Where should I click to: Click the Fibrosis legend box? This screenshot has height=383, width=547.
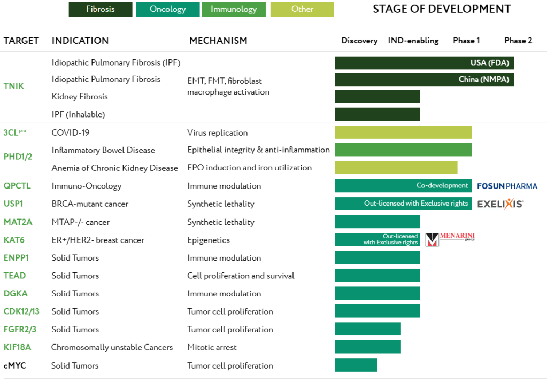tap(101, 9)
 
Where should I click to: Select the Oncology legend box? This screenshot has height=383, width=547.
tap(167, 9)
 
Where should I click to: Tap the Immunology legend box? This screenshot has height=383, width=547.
tap(234, 9)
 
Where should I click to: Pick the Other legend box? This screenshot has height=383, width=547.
tap(302, 9)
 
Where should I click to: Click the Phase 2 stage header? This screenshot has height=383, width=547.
tap(518, 41)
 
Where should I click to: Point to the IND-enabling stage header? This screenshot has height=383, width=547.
tap(413, 41)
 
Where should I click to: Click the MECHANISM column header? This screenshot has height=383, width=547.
tap(218, 41)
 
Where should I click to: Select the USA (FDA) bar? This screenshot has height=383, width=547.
tap(424, 63)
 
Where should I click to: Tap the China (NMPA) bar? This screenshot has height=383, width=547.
tap(424, 80)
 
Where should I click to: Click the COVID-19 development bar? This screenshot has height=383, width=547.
tap(403, 132)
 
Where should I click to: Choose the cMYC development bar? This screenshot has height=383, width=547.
tap(356, 365)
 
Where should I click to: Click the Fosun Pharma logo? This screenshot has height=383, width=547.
tap(507, 186)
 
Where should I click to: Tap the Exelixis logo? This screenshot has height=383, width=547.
tap(500, 204)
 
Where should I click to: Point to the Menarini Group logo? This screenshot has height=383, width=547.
tap(443, 239)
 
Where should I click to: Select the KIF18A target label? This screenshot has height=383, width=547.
tap(17, 347)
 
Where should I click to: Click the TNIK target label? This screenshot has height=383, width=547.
tap(14, 86)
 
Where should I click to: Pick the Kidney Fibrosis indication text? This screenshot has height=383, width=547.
tap(80, 97)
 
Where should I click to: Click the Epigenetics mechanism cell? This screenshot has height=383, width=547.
tap(209, 240)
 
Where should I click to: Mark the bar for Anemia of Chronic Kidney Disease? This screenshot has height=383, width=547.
tap(396, 168)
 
